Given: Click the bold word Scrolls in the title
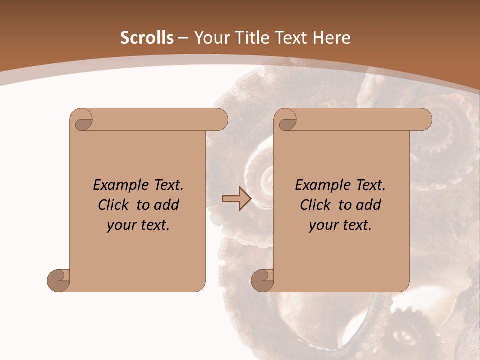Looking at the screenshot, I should point(147,38).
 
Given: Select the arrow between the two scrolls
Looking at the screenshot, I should point(236,198).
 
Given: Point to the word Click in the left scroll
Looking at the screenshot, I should point(114,205).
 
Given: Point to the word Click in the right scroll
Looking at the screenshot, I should point(316,205).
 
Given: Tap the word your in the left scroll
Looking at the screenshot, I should point(120,225).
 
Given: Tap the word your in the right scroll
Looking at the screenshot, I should point(322,225).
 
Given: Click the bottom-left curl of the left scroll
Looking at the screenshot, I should point(59,280).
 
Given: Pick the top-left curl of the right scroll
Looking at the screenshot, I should point(286,120).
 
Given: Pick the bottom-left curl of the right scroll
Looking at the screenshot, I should point(263,280).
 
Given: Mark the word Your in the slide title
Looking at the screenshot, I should point(209,38).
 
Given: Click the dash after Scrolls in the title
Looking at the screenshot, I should point(183,38).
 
